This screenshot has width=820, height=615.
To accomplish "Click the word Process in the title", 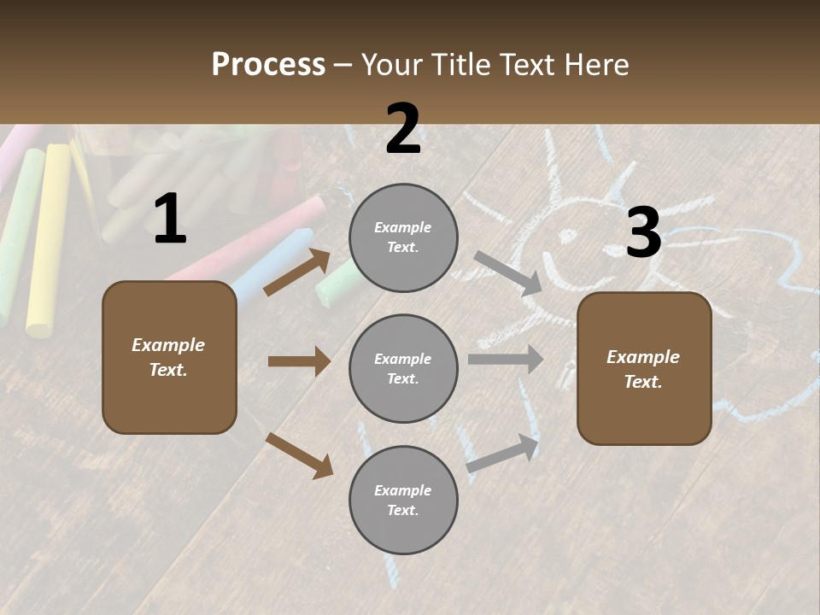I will point(268,64).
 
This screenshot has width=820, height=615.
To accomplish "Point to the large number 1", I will point(170,220).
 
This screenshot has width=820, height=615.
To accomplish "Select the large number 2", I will point(403,129).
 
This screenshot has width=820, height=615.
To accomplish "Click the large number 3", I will point(643,232).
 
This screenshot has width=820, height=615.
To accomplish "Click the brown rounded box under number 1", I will point(169,357).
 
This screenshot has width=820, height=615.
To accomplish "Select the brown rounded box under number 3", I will point(644,368).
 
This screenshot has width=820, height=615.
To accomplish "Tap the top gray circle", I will point(403,237).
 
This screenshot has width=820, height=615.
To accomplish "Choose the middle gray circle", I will point(403,368).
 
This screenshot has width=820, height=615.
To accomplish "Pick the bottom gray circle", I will point(403,500).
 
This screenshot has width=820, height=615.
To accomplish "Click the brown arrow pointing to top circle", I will point(297,272).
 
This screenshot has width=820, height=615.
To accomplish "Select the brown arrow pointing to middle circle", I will point(299,361).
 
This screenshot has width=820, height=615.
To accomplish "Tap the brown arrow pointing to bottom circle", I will point(299,455).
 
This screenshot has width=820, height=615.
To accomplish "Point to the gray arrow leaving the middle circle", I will point(506,360).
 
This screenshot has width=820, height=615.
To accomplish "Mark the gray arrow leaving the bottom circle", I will point(503,453).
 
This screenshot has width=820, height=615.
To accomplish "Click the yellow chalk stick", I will point(48,239).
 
